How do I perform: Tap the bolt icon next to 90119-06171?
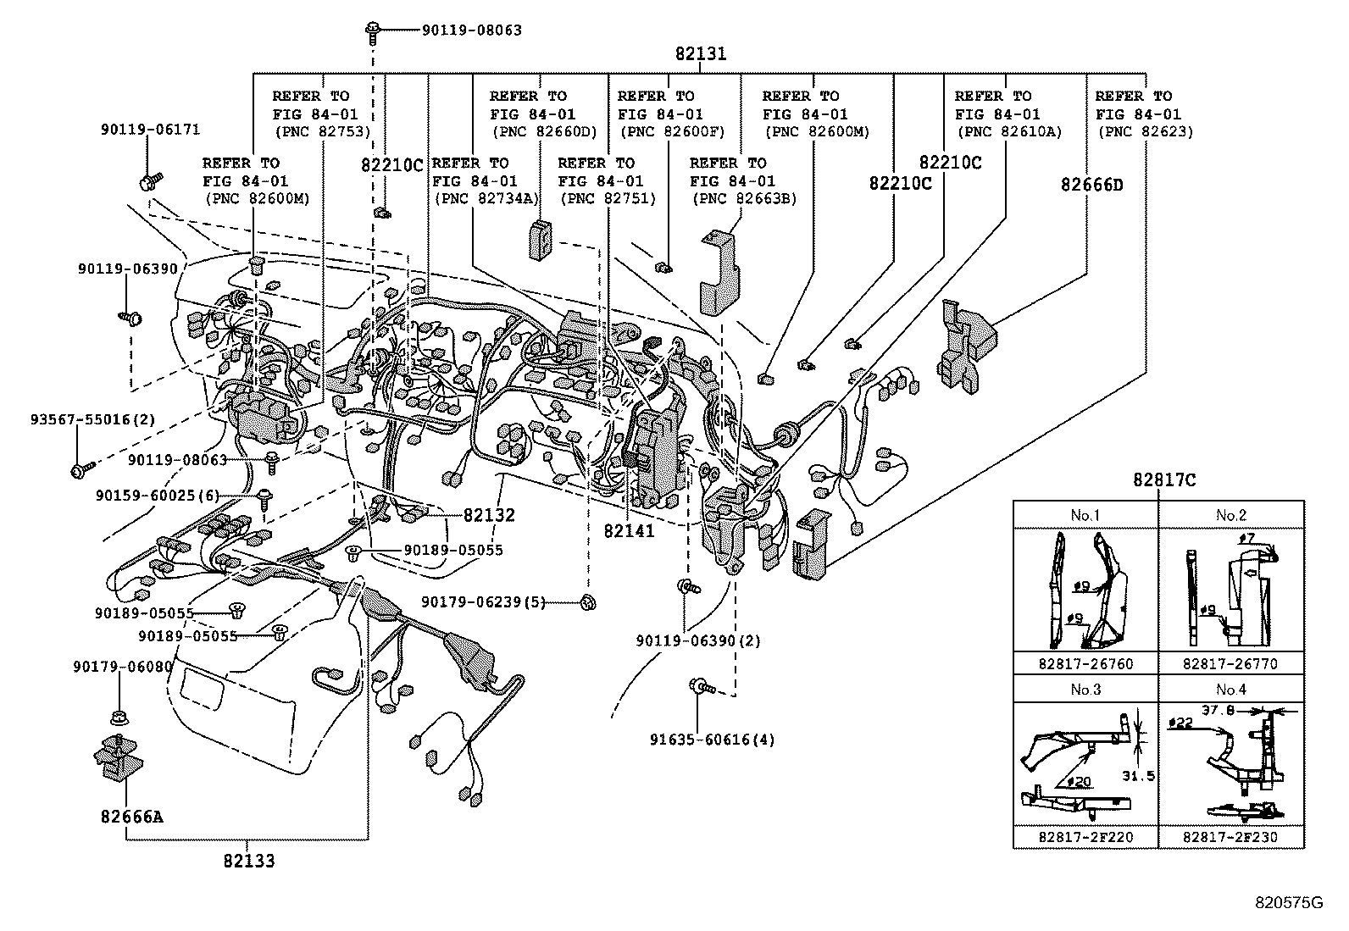(x=150, y=180)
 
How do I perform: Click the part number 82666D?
(x=1091, y=184)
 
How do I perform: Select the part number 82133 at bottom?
(x=248, y=861)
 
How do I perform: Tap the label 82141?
(x=629, y=531)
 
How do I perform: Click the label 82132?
(x=489, y=515)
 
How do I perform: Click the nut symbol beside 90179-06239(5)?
(x=586, y=602)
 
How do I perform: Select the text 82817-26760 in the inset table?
(x=1085, y=663)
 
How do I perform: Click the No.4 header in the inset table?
(x=1230, y=690)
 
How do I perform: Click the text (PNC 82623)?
(x=1144, y=131)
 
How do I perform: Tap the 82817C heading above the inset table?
(x=1164, y=480)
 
